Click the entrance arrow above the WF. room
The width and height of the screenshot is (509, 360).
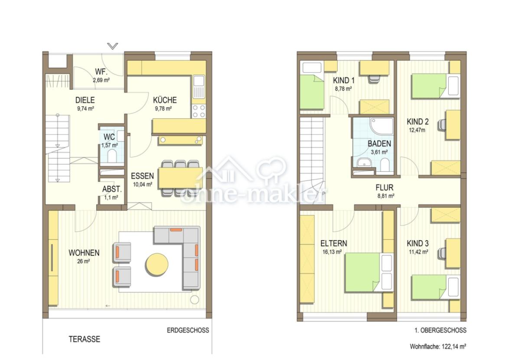coord(113,46)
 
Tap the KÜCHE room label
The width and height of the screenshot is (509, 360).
coord(165,100)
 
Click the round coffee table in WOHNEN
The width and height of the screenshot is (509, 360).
coord(157,264)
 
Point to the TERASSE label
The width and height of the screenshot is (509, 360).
coord(85,339)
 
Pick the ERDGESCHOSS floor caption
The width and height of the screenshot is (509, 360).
coord(188,331)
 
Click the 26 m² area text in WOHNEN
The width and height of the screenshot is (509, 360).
coord(83,261)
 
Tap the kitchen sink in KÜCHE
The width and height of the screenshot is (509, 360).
coord(199,87)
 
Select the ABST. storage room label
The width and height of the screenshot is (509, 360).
coord(112,189)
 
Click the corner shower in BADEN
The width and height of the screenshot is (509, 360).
coord(382,126)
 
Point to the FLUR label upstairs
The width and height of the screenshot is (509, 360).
coord(384,188)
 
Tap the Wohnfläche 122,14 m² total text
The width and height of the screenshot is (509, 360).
coord(438,347)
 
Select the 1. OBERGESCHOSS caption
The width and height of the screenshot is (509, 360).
coord(440,331)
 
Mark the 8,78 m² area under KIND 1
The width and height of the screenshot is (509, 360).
coord(343,88)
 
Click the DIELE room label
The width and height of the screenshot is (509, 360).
coord(85,100)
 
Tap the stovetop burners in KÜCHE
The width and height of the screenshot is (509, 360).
coord(199,111)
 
